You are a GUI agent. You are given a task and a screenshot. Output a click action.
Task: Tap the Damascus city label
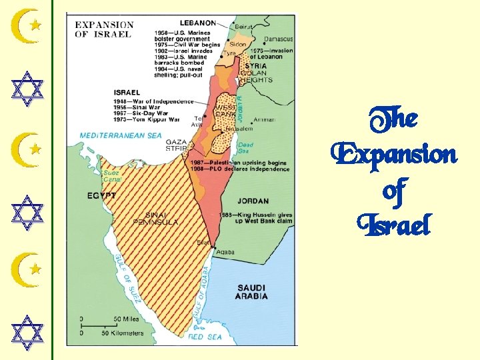[278, 39]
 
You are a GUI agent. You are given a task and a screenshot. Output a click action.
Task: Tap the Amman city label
[265, 120]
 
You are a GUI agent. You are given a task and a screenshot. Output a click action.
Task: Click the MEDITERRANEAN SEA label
[121, 135]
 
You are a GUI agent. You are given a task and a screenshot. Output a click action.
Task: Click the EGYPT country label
[101, 196]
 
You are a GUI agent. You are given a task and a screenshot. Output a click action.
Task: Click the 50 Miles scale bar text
[127, 319]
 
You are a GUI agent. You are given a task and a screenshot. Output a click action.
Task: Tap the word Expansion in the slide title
[394, 155]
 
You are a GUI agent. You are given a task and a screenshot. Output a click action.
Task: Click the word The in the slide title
[393, 120]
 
